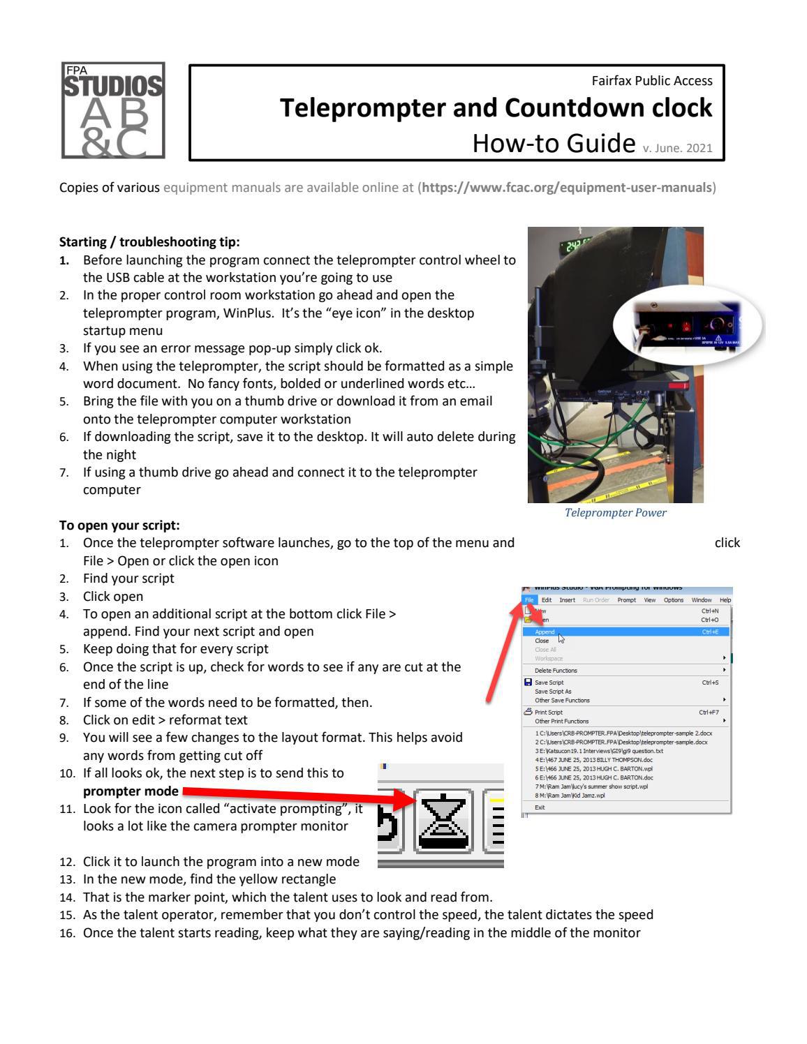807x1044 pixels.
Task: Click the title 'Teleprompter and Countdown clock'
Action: (x=496, y=108)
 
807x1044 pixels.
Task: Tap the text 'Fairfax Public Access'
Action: (x=651, y=80)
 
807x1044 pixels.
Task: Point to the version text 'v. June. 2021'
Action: (x=682, y=147)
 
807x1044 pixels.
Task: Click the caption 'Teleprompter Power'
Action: (x=615, y=513)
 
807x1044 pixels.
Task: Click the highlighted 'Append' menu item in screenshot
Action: (x=545, y=632)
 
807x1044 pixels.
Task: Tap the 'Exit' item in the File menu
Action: (x=540, y=807)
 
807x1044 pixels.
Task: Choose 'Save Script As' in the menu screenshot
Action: (x=553, y=692)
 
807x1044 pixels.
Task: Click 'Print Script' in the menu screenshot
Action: (x=549, y=713)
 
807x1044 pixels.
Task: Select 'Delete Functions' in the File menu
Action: (x=556, y=671)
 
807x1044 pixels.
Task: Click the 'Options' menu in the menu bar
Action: (x=673, y=600)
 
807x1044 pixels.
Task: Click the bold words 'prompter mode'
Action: (x=129, y=791)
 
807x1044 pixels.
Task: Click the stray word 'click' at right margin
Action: (x=727, y=543)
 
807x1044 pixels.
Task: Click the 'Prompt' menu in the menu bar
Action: (x=626, y=600)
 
